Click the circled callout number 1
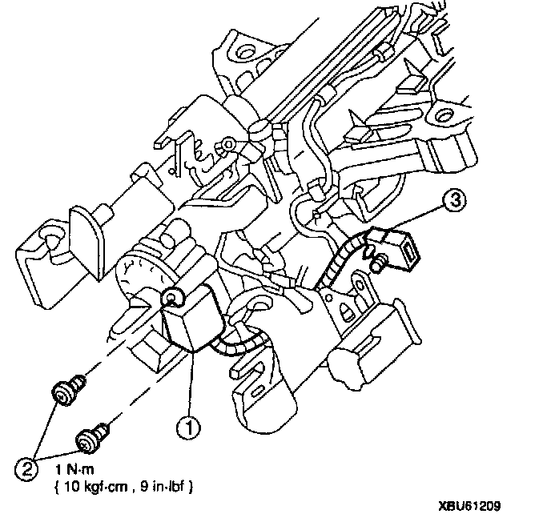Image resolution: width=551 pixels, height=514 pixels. [x=188, y=428]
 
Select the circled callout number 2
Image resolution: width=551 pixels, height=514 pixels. [x=27, y=469]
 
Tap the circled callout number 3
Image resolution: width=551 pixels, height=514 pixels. [x=455, y=201]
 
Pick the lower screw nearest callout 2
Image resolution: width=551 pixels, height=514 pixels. [x=92, y=436]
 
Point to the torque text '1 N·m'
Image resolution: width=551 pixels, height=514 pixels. [x=74, y=469]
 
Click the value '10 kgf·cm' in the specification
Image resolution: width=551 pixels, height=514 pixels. [x=96, y=487]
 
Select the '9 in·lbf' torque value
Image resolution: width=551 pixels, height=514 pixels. [x=163, y=487]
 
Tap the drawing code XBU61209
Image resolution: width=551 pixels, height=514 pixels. [x=469, y=506]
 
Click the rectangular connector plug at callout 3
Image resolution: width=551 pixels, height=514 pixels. [x=400, y=246]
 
